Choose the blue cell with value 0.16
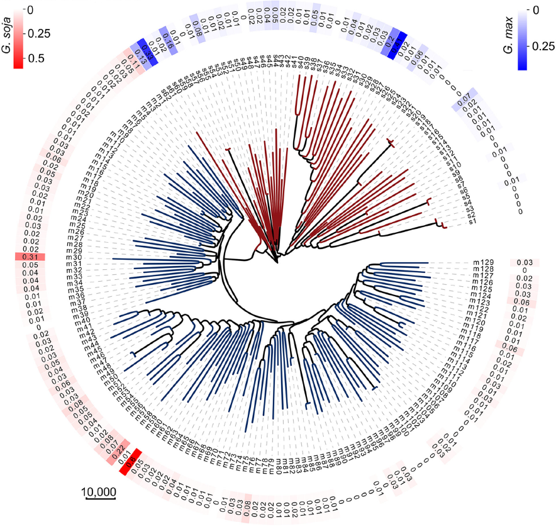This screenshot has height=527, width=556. [167, 35]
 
